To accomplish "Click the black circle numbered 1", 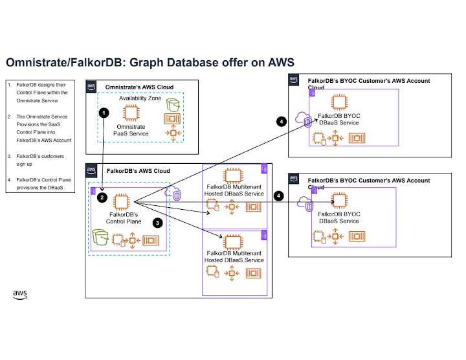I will tap(103, 112).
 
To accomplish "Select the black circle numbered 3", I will tap(157, 221).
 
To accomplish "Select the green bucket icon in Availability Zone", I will tap(172, 104).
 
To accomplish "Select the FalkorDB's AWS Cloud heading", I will tap(130, 169).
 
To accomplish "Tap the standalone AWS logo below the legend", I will tap(20, 295).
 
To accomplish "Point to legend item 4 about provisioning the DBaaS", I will tap(40, 183).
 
